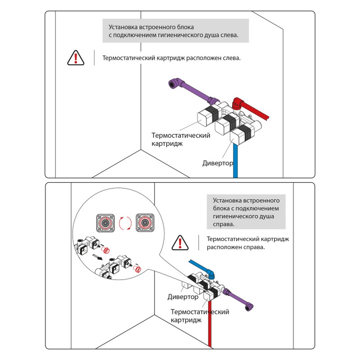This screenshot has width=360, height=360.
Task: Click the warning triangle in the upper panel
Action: tap(76, 58)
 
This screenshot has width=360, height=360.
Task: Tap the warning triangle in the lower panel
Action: tap(180, 243)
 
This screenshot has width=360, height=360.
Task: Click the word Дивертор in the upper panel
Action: tap(217, 163)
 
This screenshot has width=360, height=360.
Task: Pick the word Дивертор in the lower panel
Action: tap(183, 297)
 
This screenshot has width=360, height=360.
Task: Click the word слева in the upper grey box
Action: tap(229, 36)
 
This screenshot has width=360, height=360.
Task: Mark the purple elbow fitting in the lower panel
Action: tap(248, 306)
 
